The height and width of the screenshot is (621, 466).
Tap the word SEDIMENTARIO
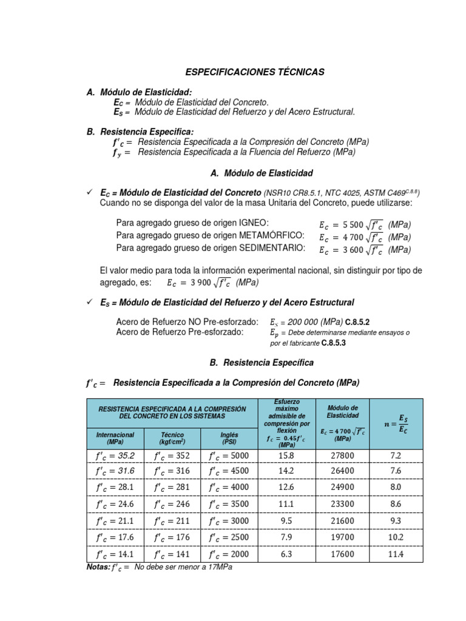(x=268, y=249)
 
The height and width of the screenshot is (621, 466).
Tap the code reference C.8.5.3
(x=333, y=343)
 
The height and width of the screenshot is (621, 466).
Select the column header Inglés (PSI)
(x=229, y=438)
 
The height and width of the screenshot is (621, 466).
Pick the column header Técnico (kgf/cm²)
(x=172, y=438)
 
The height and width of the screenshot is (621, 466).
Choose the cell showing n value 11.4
(x=396, y=554)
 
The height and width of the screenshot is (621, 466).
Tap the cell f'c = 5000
(x=229, y=455)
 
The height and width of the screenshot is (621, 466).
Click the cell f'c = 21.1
(x=115, y=521)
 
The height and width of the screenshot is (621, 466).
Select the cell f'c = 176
(x=172, y=537)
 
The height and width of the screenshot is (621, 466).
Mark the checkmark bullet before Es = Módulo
(x=89, y=302)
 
